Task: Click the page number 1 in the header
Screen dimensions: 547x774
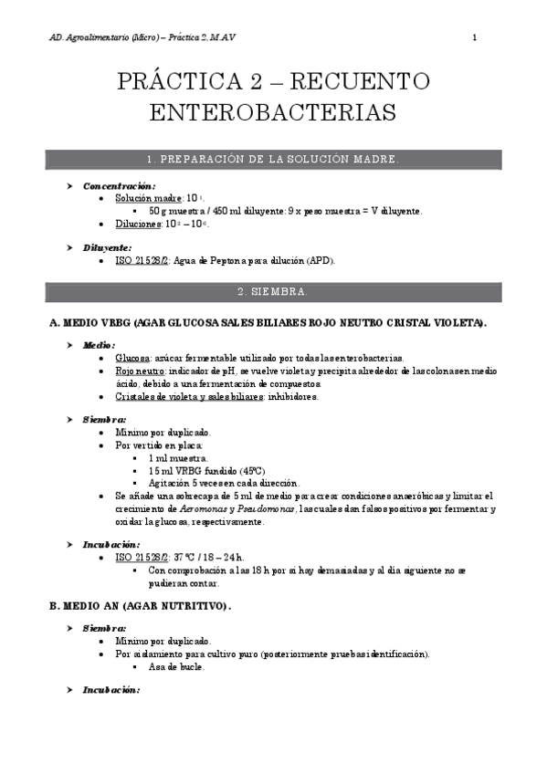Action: (475, 37)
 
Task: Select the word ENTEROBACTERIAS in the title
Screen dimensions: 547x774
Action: (273, 113)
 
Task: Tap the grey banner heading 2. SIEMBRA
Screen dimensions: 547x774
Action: (273, 292)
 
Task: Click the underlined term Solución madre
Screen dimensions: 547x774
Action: (149, 198)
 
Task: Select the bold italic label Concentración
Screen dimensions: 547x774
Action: (119, 185)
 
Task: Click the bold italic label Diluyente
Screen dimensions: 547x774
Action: (107, 247)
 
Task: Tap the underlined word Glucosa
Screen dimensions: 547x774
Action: (131, 358)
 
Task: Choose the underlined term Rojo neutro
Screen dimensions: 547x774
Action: (139, 371)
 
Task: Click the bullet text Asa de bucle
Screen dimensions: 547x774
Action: (177, 666)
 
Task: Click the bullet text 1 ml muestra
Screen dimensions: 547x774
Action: (178, 457)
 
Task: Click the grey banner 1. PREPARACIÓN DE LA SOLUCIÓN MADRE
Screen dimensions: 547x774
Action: (273, 160)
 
